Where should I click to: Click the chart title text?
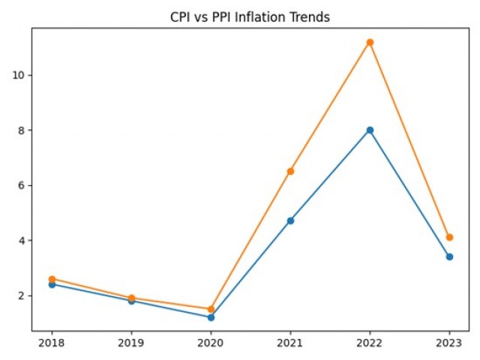(x=250, y=17)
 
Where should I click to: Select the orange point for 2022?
(x=370, y=42)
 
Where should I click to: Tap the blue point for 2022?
(x=370, y=130)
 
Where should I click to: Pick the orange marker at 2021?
(x=290, y=171)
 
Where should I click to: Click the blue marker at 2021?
(x=290, y=220)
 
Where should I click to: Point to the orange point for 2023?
(x=449, y=237)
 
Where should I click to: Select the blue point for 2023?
(x=449, y=256)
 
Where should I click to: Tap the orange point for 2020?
(x=211, y=309)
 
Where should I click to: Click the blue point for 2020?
(x=211, y=317)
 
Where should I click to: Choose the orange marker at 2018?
(x=52, y=279)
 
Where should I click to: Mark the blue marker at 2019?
(x=131, y=301)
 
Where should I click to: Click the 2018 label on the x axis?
(x=52, y=343)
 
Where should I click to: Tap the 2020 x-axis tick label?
(x=211, y=343)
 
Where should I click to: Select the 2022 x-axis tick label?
(x=370, y=343)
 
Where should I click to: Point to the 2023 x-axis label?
(x=449, y=343)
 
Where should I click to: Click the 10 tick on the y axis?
(x=20, y=75)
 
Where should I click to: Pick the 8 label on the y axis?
(x=22, y=130)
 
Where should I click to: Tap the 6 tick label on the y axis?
(x=22, y=185)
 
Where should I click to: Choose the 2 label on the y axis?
(x=22, y=295)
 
